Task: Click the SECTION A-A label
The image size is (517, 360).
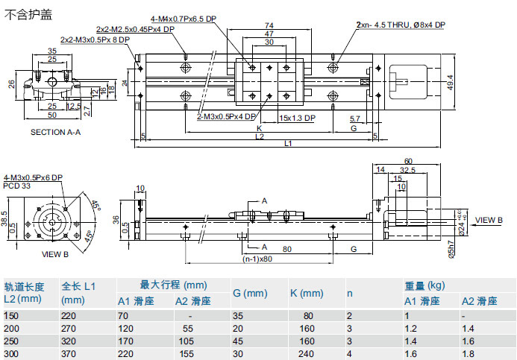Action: tap(55, 132)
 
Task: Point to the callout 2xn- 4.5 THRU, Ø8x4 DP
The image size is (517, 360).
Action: tap(401, 25)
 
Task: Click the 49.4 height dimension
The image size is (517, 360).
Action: tap(450, 81)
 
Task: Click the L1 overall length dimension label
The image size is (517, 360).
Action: tap(286, 144)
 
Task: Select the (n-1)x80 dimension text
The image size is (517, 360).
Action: tap(256, 260)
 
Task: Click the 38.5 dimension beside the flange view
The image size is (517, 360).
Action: tap(5, 218)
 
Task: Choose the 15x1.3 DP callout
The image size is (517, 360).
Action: tap(297, 118)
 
